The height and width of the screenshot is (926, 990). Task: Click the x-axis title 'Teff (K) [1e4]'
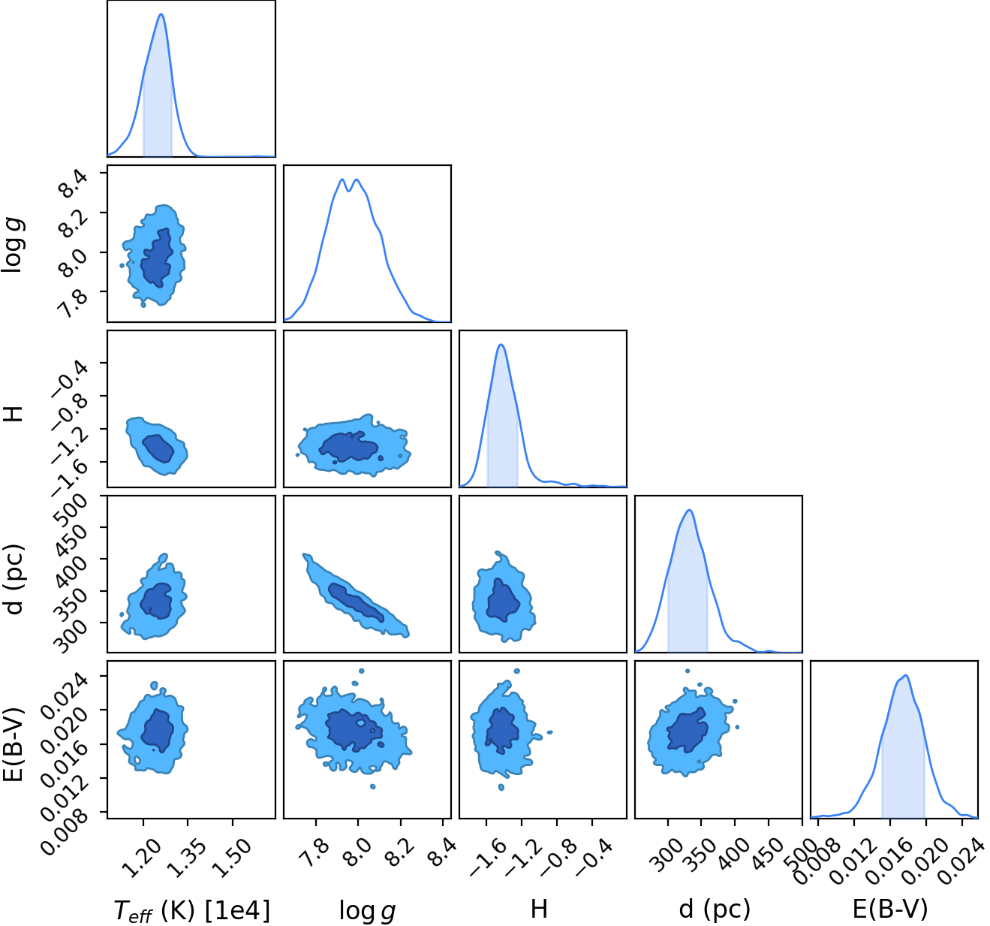[192, 910]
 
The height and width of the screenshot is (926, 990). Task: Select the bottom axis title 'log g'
[367, 911]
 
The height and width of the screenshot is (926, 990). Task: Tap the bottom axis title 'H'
[539, 909]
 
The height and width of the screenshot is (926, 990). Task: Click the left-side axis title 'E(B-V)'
[14, 744]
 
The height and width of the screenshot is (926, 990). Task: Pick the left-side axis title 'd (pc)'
[14, 579]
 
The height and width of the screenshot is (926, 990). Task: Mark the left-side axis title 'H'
[14, 414]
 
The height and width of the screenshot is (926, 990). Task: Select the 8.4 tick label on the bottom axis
[441, 852]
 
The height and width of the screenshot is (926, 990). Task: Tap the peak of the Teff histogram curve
[161, 14]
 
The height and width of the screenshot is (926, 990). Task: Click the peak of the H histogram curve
[501, 344]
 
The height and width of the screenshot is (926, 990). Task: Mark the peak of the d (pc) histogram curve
[690, 510]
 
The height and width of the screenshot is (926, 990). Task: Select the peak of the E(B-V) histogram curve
[905, 676]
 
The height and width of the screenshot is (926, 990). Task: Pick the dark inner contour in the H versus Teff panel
[158, 448]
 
